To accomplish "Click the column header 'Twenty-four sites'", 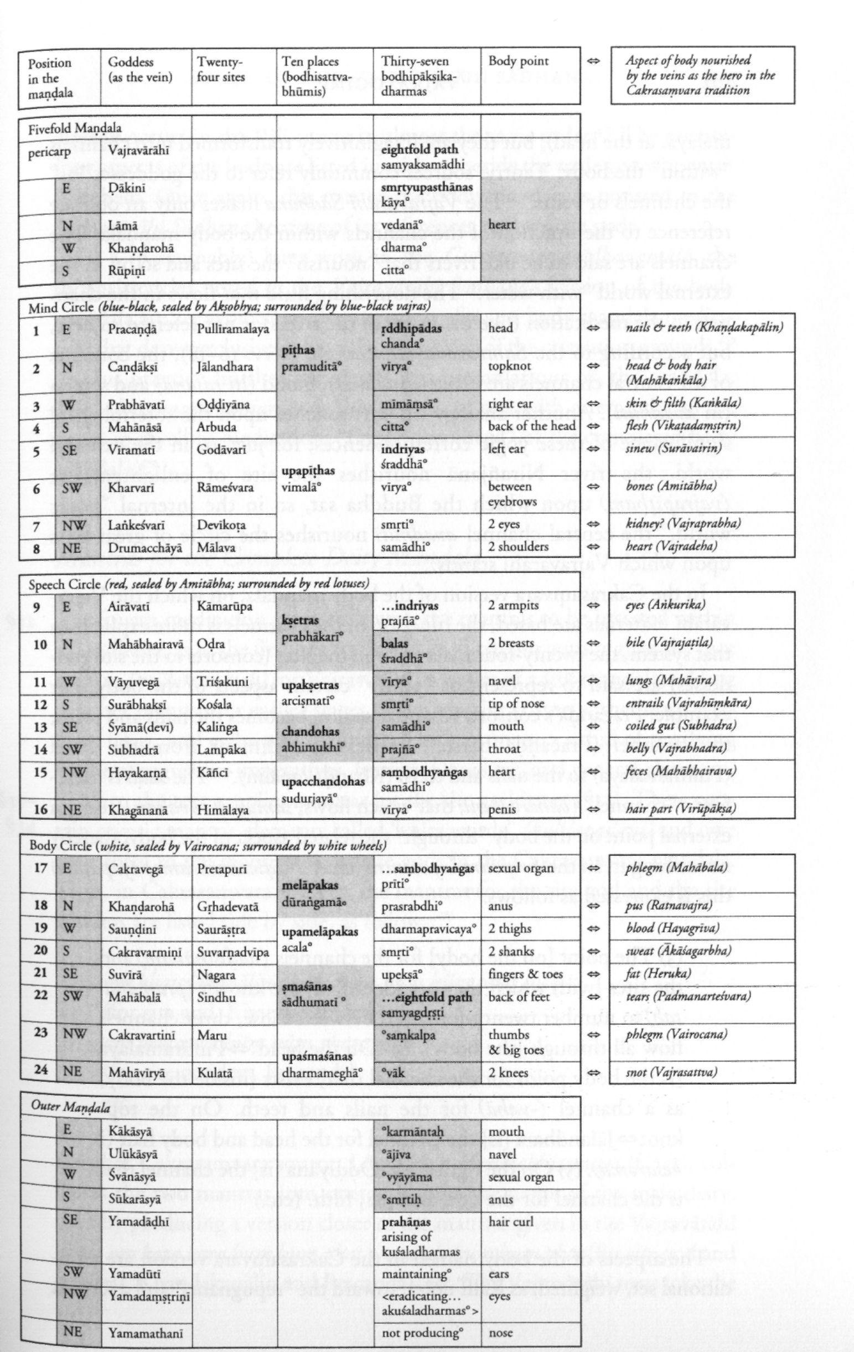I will coord(220,70).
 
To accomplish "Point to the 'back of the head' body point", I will coord(531,426).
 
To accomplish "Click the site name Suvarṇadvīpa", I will coord(233,951).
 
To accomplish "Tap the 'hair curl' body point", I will coord(506,1201).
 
